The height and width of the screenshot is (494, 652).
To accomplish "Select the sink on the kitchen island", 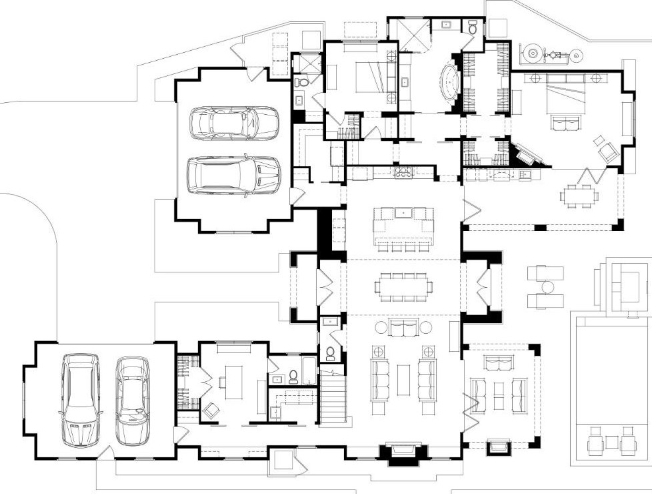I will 404,213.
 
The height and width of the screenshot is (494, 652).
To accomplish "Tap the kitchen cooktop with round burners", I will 404,173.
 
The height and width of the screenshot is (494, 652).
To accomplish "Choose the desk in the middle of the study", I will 233,381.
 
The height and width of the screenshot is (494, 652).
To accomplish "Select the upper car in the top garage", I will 233,123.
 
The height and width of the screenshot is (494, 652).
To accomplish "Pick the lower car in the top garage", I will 233,176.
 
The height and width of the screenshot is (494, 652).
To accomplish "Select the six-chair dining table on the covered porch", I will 577,195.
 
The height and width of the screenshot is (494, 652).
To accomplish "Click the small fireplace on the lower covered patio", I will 499,446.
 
